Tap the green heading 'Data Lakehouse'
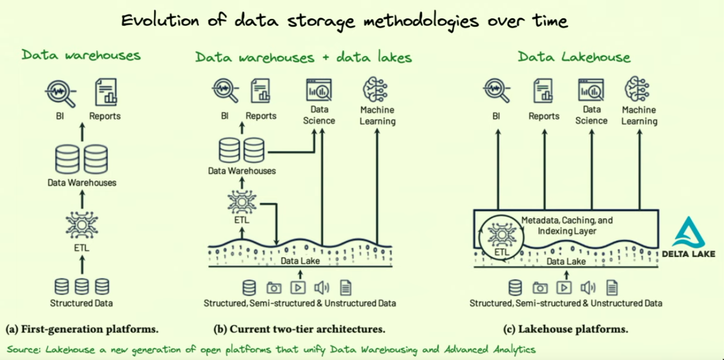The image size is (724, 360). coord(574,57)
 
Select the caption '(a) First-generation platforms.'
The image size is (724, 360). coord(82,329)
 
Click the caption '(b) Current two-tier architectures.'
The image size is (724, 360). coord(299,329)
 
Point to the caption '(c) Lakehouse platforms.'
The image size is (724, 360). coord(565,329)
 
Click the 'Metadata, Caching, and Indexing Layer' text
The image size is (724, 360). coord(567,226)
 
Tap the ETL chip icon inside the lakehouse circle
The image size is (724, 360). coord(500,233)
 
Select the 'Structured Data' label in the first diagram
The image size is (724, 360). coord(81,303)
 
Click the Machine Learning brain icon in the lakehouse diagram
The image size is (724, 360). coord(638,90)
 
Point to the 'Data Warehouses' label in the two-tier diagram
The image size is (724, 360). coord(242,171)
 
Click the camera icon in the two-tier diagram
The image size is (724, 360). coord(274,287)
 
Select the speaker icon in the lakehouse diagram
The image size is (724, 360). coord(588,287)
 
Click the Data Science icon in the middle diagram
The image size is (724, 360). coord(319,90)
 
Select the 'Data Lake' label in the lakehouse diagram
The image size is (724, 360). coord(566,261)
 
